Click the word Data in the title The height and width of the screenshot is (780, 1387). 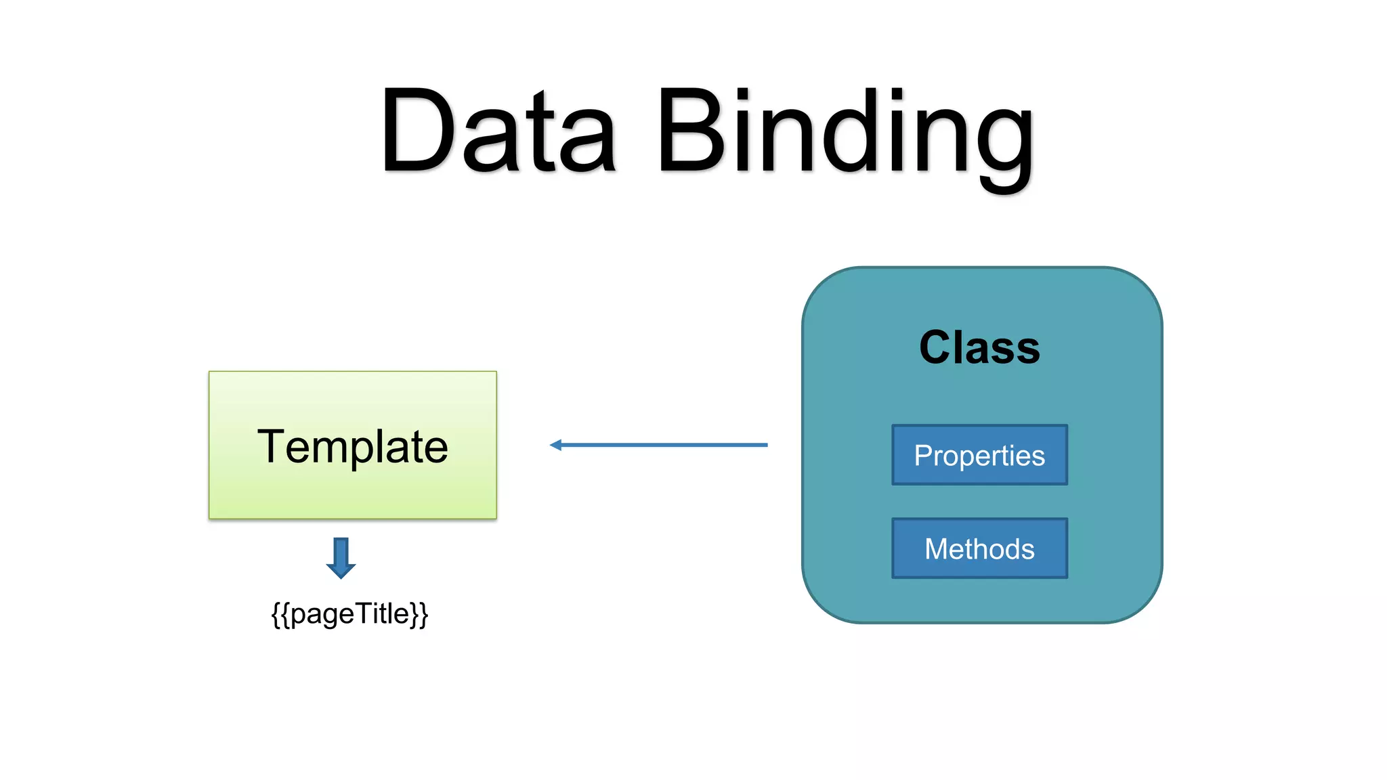pyautogui.click(x=498, y=130)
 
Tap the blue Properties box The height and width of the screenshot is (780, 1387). pyautogui.click(x=979, y=455)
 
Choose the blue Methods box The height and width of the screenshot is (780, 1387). pyautogui.click(x=979, y=548)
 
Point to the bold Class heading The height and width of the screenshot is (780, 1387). pyautogui.click(x=979, y=347)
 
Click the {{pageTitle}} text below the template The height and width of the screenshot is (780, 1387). pyautogui.click(x=349, y=614)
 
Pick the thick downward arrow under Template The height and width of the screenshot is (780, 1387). pyautogui.click(x=341, y=557)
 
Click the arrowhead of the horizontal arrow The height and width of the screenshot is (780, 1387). pyautogui.click(x=556, y=445)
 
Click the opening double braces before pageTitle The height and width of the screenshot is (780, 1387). pyautogui.click(x=280, y=614)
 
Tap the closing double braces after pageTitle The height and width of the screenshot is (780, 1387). pyautogui.click(x=420, y=614)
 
